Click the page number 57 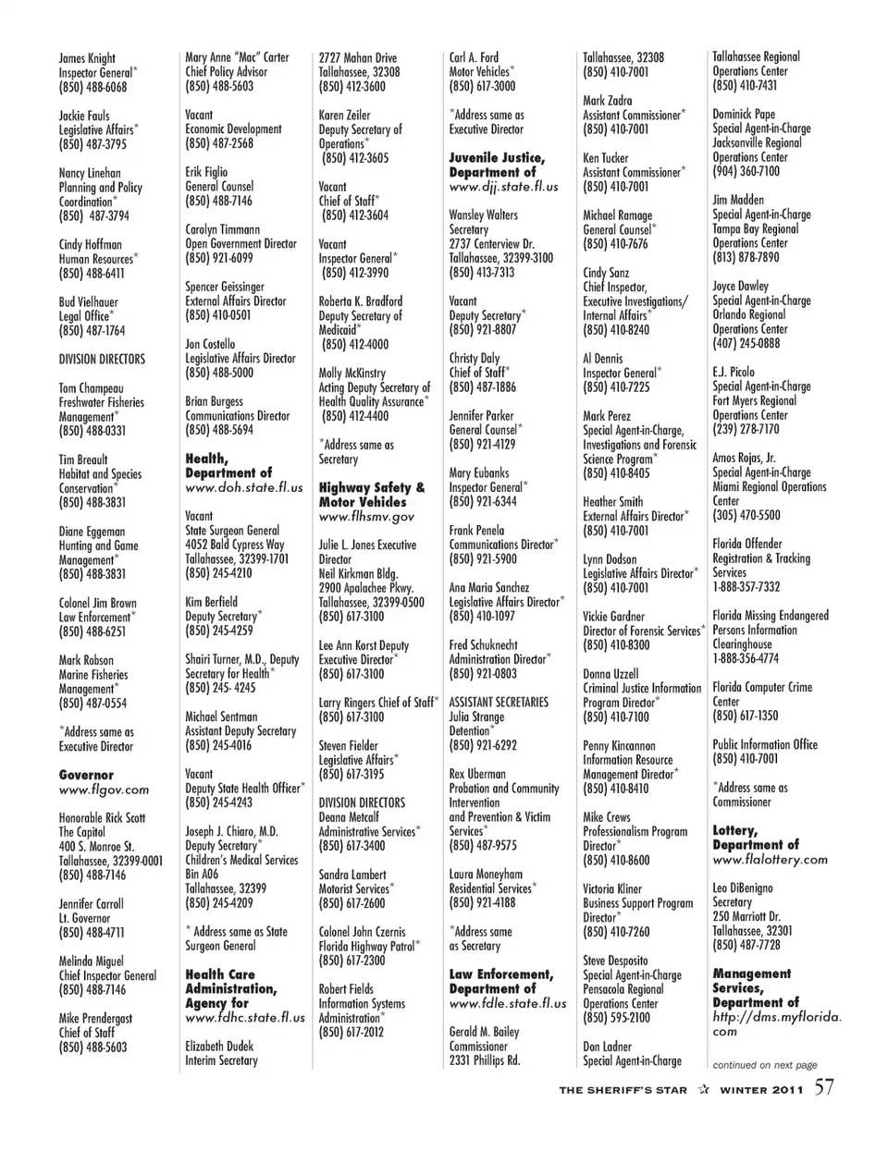[824, 1087]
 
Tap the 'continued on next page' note [765, 1065]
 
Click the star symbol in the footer [704, 1090]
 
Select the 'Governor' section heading [86, 775]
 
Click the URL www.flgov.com [104, 790]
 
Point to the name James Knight [87, 58]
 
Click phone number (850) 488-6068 [93, 87]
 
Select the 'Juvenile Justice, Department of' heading [497, 165]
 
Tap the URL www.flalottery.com [770, 860]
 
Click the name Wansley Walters [483, 215]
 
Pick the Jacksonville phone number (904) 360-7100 [746, 171]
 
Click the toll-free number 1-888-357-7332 [746, 587]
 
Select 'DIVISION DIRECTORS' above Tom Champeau [102, 360]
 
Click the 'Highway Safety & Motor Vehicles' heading [372, 495]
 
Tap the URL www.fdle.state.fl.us [508, 1003]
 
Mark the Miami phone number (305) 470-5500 [746, 516]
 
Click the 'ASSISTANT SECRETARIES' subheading [499, 702]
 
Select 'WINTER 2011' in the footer [761, 1090]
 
